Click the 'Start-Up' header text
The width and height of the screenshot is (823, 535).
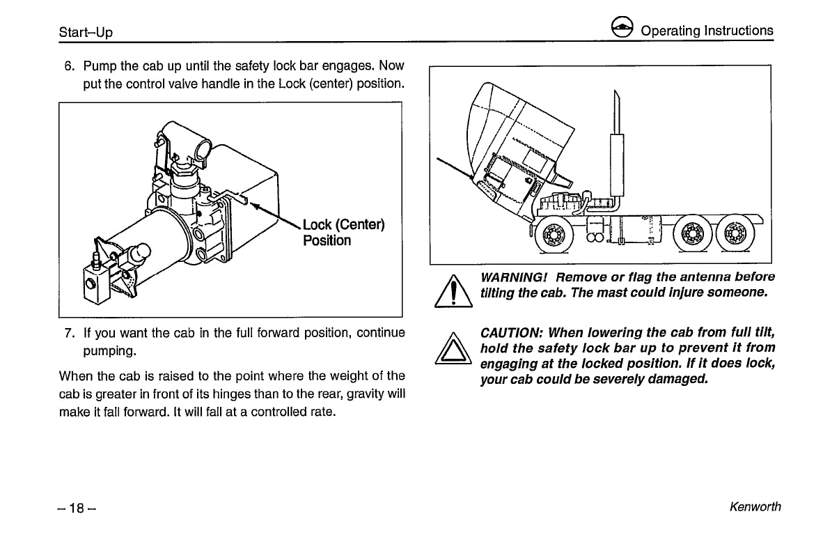[x=86, y=32]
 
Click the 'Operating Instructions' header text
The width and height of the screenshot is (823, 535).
[x=706, y=31]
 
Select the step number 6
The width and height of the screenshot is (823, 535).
[x=69, y=67]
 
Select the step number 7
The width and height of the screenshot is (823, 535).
[x=69, y=333]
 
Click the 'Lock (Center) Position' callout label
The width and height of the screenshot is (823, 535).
[x=343, y=233]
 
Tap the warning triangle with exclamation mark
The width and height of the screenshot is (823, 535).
[x=453, y=292]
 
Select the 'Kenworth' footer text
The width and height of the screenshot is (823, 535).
[x=755, y=507]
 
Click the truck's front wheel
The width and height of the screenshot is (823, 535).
[x=554, y=236]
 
